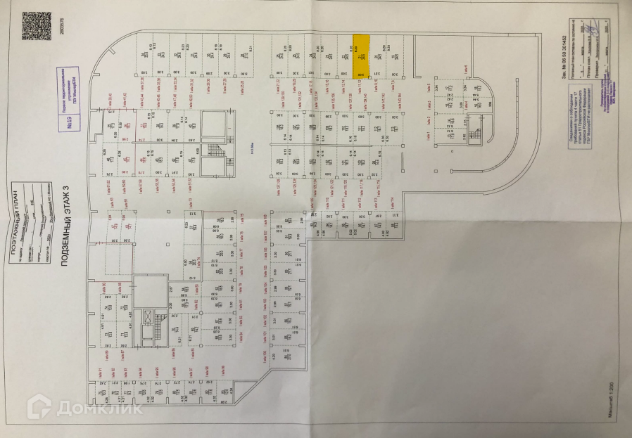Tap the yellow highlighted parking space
click(361, 56)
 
